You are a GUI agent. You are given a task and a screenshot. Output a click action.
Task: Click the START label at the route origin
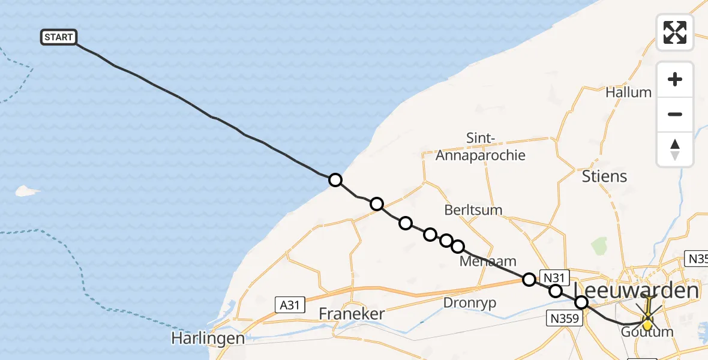point(59,37)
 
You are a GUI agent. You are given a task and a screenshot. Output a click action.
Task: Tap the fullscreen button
point(675,32)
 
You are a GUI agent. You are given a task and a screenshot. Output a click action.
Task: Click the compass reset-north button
point(675,149)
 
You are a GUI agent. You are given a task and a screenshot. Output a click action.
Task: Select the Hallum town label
point(628,92)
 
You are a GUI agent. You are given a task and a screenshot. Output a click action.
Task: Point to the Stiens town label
point(604,176)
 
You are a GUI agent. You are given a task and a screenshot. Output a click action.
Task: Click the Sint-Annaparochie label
point(480,147)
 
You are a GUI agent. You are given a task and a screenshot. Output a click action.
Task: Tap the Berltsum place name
point(473,210)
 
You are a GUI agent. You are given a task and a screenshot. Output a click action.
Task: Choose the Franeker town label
point(351,314)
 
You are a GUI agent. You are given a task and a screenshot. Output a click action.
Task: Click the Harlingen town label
point(208,338)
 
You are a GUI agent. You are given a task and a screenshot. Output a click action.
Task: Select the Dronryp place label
point(470,303)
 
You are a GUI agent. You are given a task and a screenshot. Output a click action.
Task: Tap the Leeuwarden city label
point(637,292)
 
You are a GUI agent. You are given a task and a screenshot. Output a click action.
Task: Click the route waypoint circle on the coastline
point(335,180)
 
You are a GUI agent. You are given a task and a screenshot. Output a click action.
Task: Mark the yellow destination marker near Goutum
point(648,323)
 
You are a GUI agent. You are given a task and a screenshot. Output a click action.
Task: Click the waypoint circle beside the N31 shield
point(529,279)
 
